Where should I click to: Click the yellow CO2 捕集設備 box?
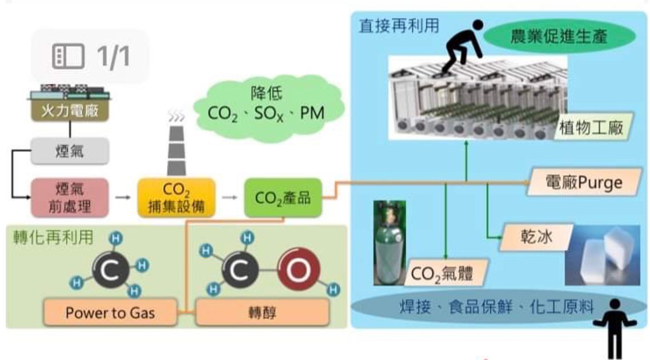[x=176, y=197]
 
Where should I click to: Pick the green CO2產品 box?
[x=282, y=198]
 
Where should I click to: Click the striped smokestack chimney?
[x=176, y=150]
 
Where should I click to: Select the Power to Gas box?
[x=110, y=313]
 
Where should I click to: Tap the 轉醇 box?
[x=262, y=313]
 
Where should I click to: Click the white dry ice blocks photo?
[x=601, y=255]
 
